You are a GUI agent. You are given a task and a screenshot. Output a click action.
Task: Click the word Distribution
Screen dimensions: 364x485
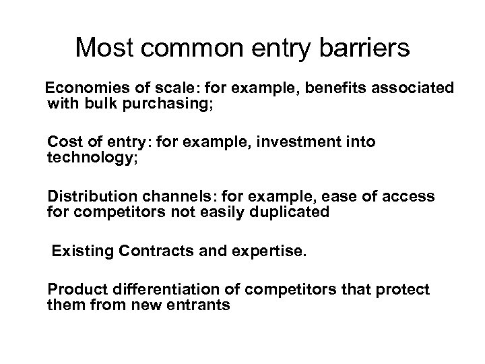coord(90,197)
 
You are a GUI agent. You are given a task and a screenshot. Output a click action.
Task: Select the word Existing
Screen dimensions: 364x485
coord(79,252)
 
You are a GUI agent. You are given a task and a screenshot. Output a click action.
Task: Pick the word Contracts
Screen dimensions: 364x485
coord(146,252)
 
